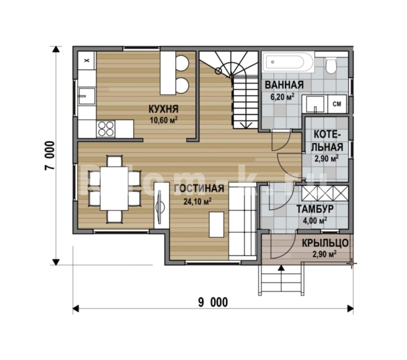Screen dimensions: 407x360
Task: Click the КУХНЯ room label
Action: pyautogui.click(x=163, y=109)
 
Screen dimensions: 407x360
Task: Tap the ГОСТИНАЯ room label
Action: pyautogui.click(x=199, y=189)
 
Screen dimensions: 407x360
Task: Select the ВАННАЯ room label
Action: pyautogui.click(x=284, y=85)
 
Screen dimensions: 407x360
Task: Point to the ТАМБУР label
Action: pyautogui.click(x=315, y=209)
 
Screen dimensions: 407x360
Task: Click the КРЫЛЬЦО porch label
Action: pyautogui.click(x=325, y=243)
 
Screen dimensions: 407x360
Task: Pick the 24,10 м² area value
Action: pyautogui.click(x=197, y=201)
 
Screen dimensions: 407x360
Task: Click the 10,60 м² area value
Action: pyautogui.click(x=163, y=120)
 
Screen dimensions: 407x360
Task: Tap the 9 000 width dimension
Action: pyautogui.click(x=213, y=302)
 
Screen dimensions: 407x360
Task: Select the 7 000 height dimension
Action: pyautogui.click(x=50, y=156)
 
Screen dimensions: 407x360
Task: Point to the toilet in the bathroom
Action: pyautogui.click(x=331, y=65)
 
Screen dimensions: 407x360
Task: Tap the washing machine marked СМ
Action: pyautogui.click(x=337, y=104)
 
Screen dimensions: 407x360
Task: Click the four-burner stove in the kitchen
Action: pyautogui.click(x=106, y=129)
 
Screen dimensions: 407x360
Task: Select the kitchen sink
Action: pyautogui.click(x=87, y=96)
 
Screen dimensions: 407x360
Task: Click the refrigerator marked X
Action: pyautogui.click(x=87, y=61)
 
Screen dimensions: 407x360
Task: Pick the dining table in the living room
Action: pyautogui.click(x=114, y=189)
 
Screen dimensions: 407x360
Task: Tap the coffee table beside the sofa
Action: pyautogui.click(x=216, y=224)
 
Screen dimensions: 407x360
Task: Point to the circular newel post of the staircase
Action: pyautogui.click(x=218, y=70)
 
